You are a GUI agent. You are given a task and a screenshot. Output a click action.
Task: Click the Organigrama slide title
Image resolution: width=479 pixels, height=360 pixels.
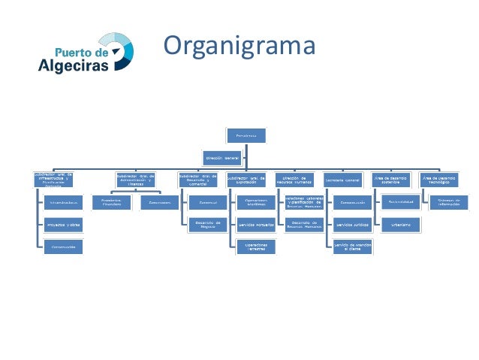(238, 47)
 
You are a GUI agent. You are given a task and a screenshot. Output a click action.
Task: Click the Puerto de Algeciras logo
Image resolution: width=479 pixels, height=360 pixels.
(86, 53)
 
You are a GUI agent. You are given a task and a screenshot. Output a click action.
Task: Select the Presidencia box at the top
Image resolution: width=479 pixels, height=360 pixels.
(246, 135)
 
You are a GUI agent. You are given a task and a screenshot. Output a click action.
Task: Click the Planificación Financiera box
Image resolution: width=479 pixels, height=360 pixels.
(111, 203)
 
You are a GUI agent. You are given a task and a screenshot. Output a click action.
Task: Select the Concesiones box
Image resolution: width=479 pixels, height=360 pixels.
(159, 203)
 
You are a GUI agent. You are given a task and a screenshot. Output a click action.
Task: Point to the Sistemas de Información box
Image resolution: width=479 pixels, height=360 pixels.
(444, 203)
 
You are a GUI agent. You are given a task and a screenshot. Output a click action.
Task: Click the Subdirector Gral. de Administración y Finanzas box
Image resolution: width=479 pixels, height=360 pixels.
(135, 180)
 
